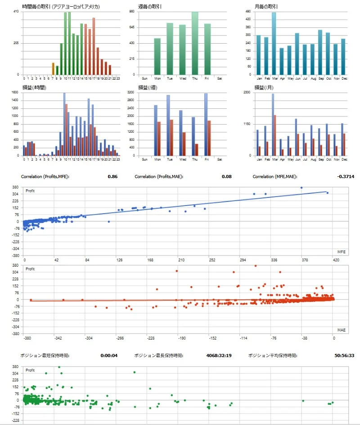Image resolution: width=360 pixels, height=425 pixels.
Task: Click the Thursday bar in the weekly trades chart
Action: click(195, 44)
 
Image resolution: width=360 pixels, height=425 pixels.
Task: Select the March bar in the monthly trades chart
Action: click(274, 44)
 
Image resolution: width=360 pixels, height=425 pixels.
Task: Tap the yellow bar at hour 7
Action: click(53, 69)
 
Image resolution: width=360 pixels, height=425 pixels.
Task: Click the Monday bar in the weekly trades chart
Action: click(157, 57)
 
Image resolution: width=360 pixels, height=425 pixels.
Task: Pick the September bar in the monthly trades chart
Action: click(320, 52)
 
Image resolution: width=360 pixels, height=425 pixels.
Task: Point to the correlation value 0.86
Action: click(112, 177)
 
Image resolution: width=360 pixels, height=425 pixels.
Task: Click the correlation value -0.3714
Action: click(346, 177)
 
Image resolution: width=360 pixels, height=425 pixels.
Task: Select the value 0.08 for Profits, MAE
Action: click(227, 177)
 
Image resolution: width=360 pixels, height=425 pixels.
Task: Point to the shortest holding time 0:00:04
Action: click(109, 355)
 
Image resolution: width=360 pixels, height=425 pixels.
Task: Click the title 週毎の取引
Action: click(150, 7)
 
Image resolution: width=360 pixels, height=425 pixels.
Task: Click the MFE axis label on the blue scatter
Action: click(341, 251)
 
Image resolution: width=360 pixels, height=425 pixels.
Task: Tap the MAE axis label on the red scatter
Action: click(341, 330)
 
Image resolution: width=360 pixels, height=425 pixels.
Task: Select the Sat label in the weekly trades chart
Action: click(220, 78)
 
